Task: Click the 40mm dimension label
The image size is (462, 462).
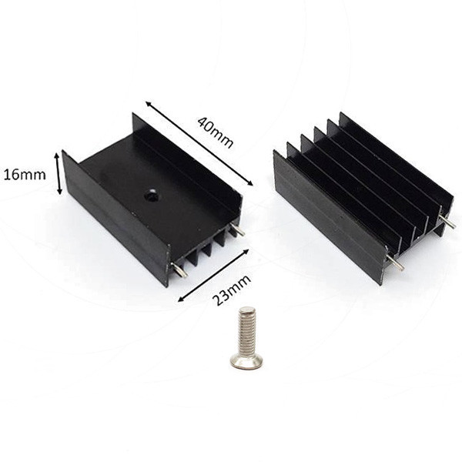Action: pos(216,132)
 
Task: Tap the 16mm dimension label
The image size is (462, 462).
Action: pos(25,175)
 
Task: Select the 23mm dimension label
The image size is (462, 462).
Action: pos(231,290)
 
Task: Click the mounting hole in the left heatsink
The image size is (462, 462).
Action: pos(150,196)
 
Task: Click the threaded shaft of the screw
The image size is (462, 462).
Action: pos(247,330)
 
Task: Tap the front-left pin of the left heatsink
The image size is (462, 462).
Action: pos(179,270)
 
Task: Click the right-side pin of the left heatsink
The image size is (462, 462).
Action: pos(237,229)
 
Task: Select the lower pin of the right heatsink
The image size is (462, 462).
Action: pos(396,263)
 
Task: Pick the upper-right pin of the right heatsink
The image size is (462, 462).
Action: pos(447,221)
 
